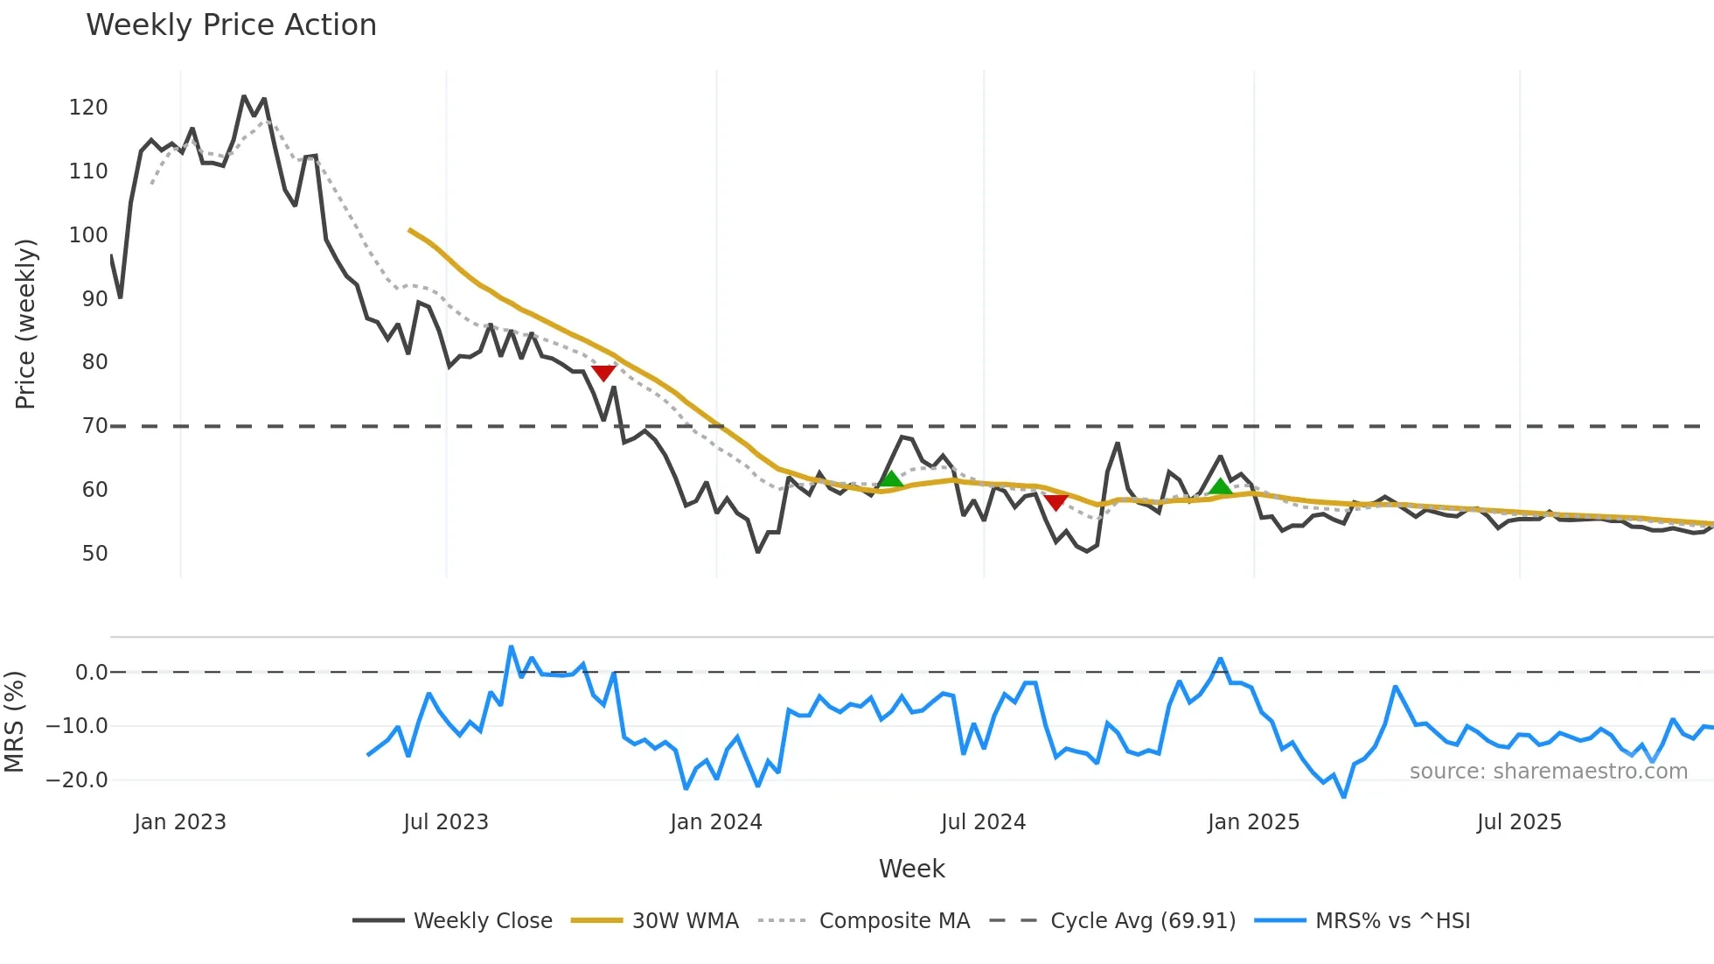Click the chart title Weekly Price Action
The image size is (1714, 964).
coord(231,25)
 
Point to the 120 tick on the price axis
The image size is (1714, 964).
coord(88,108)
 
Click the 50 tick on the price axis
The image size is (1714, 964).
coord(94,554)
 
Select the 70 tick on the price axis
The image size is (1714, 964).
coord(94,426)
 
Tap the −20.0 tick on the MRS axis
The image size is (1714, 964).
coord(78,780)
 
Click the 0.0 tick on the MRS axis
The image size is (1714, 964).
coord(91,673)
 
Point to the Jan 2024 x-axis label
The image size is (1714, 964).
coord(716,822)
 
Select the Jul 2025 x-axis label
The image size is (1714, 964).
coord(1519,822)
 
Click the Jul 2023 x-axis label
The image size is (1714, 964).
coord(446,822)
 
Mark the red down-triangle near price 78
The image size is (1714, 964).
coord(603,373)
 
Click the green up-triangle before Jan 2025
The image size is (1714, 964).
coord(1220,486)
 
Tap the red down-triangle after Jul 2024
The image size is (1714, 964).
coord(1056,502)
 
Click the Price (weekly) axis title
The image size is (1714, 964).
coord(25,324)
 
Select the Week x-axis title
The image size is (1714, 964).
coord(911,869)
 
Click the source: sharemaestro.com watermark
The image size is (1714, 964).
coord(1548,772)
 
